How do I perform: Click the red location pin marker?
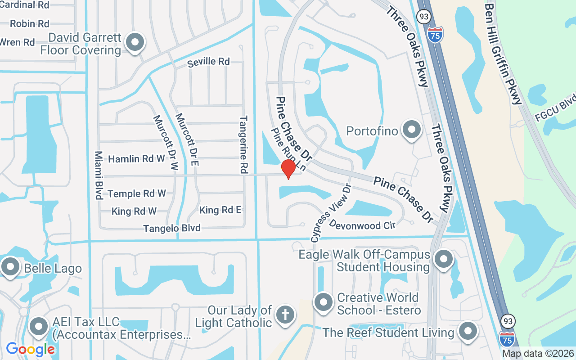click(x=288, y=168)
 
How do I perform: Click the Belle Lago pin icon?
click(x=10, y=266)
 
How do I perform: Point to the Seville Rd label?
click(x=208, y=62)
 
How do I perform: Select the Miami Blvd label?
click(x=98, y=175)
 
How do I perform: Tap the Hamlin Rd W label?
click(x=136, y=159)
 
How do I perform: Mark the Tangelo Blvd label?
click(x=172, y=229)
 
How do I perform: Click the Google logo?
click(x=30, y=349)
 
